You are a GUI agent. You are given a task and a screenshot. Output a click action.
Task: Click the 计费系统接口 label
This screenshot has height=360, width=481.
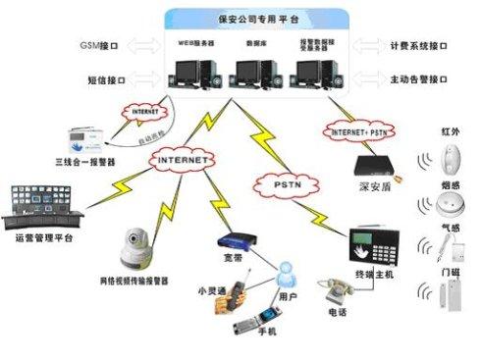[x=420, y=45]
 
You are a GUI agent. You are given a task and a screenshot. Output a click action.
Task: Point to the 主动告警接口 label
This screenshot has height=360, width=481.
[x=420, y=78]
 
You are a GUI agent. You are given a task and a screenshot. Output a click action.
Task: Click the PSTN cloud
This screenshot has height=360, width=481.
[x=277, y=181]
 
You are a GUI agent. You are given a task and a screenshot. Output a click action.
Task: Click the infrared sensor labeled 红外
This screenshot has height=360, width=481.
[x=452, y=159]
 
